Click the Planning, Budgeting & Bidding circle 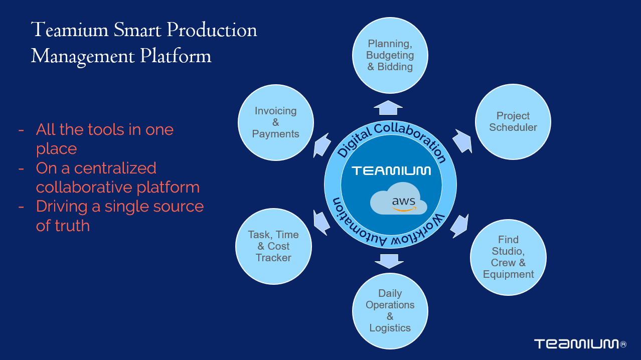click(390, 55)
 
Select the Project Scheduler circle click(513, 122)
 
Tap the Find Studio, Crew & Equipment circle click(508, 257)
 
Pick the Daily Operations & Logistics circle click(390, 310)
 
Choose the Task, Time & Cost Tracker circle click(273, 246)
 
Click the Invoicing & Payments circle click(275, 122)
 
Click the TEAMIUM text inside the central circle click(391, 171)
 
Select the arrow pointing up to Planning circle click(388, 107)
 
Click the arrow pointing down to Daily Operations click(389, 261)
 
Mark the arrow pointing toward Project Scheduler click(462, 141)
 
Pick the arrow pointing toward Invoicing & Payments click(322, 145)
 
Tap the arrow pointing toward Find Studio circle click(459, 226)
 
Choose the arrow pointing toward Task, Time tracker click(321, 222)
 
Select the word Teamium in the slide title click(69, 30)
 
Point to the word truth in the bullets click(63, 226)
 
